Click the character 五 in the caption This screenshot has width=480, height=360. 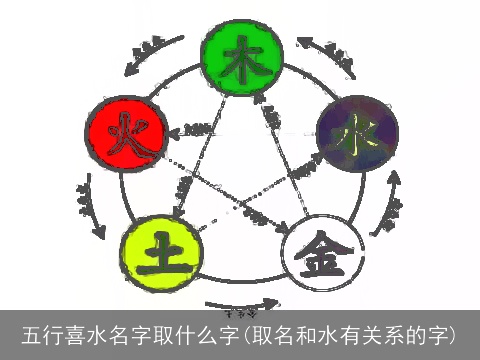click(33, 334)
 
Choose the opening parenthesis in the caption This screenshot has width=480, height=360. click(243, 334)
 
